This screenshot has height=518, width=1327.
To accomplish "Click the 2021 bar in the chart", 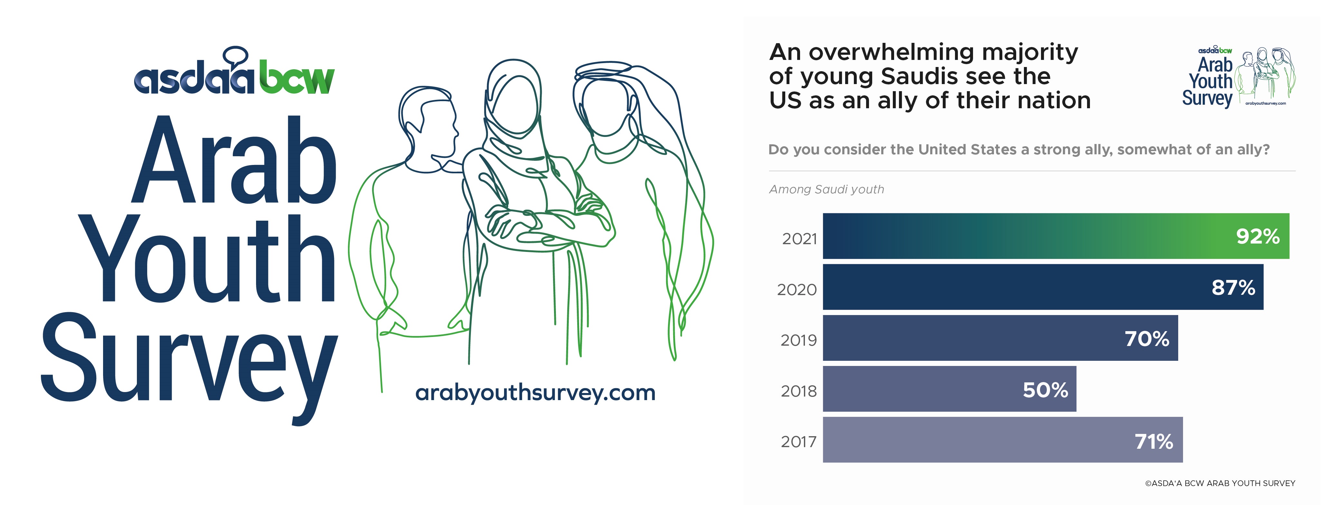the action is tap(1056, 236).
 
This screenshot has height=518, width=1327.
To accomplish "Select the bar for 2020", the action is tap(1043, 287).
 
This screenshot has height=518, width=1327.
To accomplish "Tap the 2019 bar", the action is tap(1000, 338).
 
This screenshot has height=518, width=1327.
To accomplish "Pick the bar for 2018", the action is tap(950, 389).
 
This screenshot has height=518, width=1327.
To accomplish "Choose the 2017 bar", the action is tap(1003, 440).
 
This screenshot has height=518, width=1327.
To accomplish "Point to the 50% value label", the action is tap(1045, 390).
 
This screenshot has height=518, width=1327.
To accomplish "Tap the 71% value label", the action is tap(1154, 442).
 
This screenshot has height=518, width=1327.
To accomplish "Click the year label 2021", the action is tap(799, 239).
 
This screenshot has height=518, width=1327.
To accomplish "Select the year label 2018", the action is tap(798, 391).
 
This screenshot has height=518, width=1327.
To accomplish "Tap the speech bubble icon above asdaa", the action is tap(236, 56).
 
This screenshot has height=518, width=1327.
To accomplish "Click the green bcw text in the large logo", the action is tap(297, 78).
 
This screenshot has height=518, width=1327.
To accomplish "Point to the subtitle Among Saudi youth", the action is tap(826, 189).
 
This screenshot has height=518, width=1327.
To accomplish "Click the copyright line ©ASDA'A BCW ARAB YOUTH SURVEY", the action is tap(1220, 484).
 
